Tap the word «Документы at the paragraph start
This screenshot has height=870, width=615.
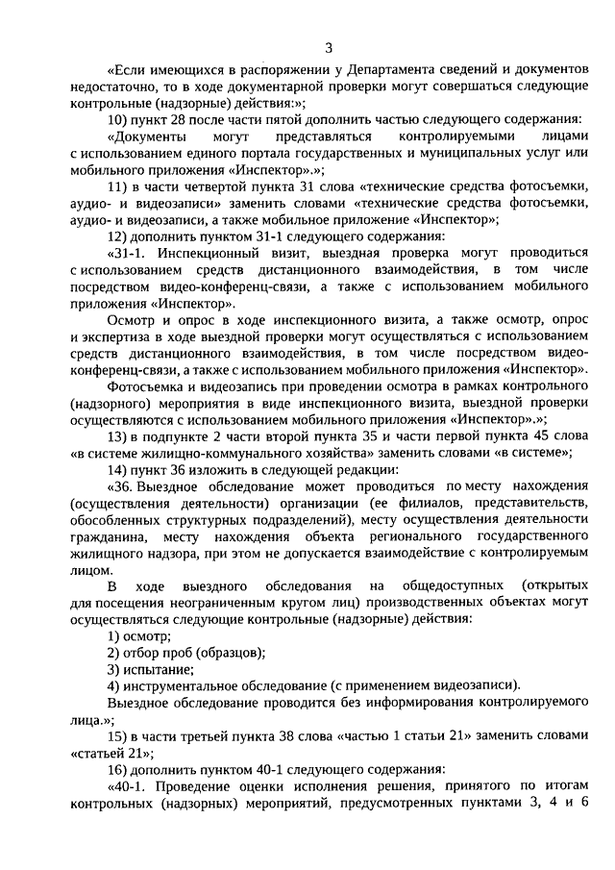pos(145,137)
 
